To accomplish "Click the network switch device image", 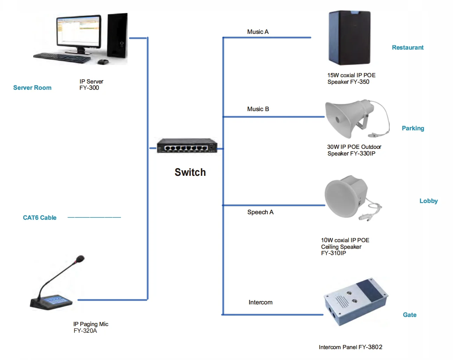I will (187, 146).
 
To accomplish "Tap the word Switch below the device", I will (190, 172).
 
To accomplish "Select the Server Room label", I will (32, 88).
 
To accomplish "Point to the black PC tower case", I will (117, 36).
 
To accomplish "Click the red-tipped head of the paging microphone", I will (80, 259).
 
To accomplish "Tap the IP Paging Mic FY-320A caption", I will (90, 327).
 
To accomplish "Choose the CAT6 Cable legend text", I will (39, 218).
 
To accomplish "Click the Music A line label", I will (258, 32).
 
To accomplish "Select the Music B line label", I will (258, 109).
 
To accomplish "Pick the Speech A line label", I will (260, 212).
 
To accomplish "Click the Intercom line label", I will (260, 302).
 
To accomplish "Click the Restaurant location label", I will (407, 48).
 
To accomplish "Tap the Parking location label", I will (412, 128).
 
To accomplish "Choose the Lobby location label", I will (428, 201).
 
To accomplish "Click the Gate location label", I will (409, 315).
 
